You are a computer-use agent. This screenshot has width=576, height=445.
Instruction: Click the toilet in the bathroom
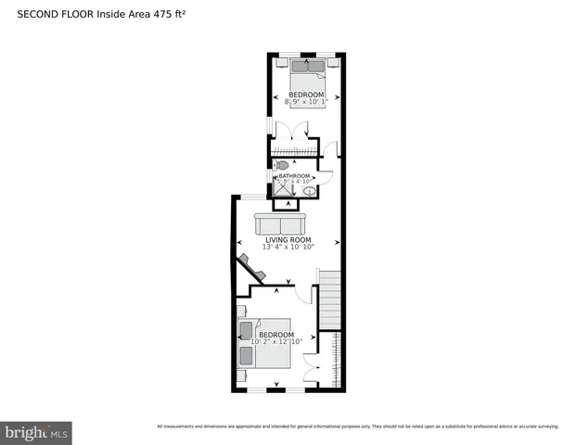pos(283,164)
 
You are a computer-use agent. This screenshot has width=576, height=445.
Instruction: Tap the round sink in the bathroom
pos(309,191)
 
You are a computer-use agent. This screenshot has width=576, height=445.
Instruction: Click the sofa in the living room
pos(279,225)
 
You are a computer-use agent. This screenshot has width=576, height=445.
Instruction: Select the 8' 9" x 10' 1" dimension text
pos(306,102)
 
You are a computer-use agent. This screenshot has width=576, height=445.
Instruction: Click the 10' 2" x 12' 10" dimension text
pos(276,342)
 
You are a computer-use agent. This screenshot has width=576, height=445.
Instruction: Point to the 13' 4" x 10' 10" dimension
pos(288,247)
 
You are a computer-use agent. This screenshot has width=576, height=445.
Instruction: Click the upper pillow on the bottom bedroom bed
pos(246,330)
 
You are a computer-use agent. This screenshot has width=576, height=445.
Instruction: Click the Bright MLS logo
pos(36,432)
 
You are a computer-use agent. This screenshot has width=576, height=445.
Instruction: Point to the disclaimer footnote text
pos(357,426)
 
